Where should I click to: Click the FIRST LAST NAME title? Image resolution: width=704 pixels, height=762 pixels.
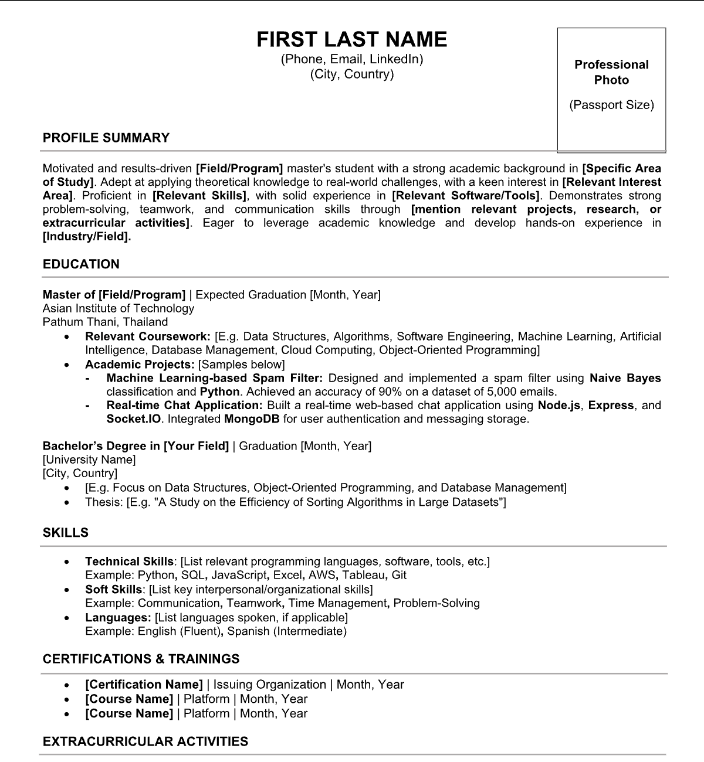[352, 39]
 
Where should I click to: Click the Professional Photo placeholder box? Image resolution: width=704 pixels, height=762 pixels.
[611, 89]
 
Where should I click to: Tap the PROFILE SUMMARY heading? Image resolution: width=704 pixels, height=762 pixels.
[106, 138]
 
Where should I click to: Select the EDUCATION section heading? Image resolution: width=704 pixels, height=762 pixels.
[81, 264]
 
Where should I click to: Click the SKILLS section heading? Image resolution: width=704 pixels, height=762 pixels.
[66, 532]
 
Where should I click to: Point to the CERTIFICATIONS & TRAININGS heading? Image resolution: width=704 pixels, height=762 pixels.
[141, 658]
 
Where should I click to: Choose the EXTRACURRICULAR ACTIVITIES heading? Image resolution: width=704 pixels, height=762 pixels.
[145, 741]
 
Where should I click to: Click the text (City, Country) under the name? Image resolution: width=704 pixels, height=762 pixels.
[352, 74]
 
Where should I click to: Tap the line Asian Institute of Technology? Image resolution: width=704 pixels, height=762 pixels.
[119, 308]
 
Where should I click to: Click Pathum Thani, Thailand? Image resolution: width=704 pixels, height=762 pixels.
[106, 322]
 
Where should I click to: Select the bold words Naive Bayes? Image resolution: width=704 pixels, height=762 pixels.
[625, 378]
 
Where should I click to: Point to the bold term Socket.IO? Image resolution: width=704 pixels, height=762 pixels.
[136, 419]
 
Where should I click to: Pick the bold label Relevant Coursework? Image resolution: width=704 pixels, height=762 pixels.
[148, 336]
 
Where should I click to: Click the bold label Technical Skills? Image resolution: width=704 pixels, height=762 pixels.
[129, 561]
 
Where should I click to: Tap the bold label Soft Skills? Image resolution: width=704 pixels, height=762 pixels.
[113, 589]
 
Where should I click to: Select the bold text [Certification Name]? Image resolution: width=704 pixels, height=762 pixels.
[144, 684]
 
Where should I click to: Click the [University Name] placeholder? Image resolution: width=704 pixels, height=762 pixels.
[89, 460]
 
